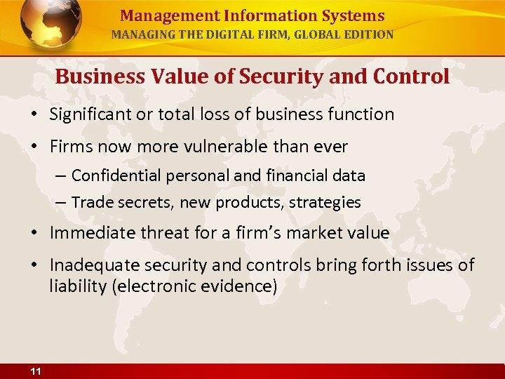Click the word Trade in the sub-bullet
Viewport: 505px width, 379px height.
89,203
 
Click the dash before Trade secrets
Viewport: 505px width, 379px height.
61,203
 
